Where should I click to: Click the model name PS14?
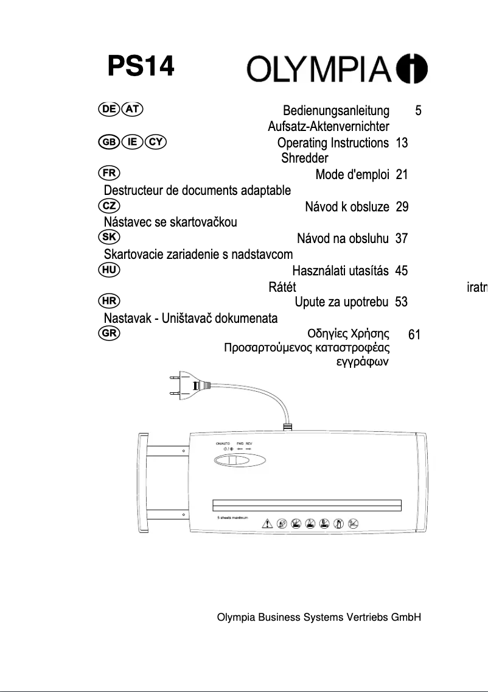[141, 67]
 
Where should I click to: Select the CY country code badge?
[157, 143]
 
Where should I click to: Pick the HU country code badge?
[109, 269]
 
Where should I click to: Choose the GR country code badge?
[109, 333]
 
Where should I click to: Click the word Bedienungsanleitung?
[336, 111]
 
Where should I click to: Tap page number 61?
[414, 334]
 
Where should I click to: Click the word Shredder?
[304, 158]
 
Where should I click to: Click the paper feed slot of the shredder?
[307, 505]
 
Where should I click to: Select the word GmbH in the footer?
[406, 617]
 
